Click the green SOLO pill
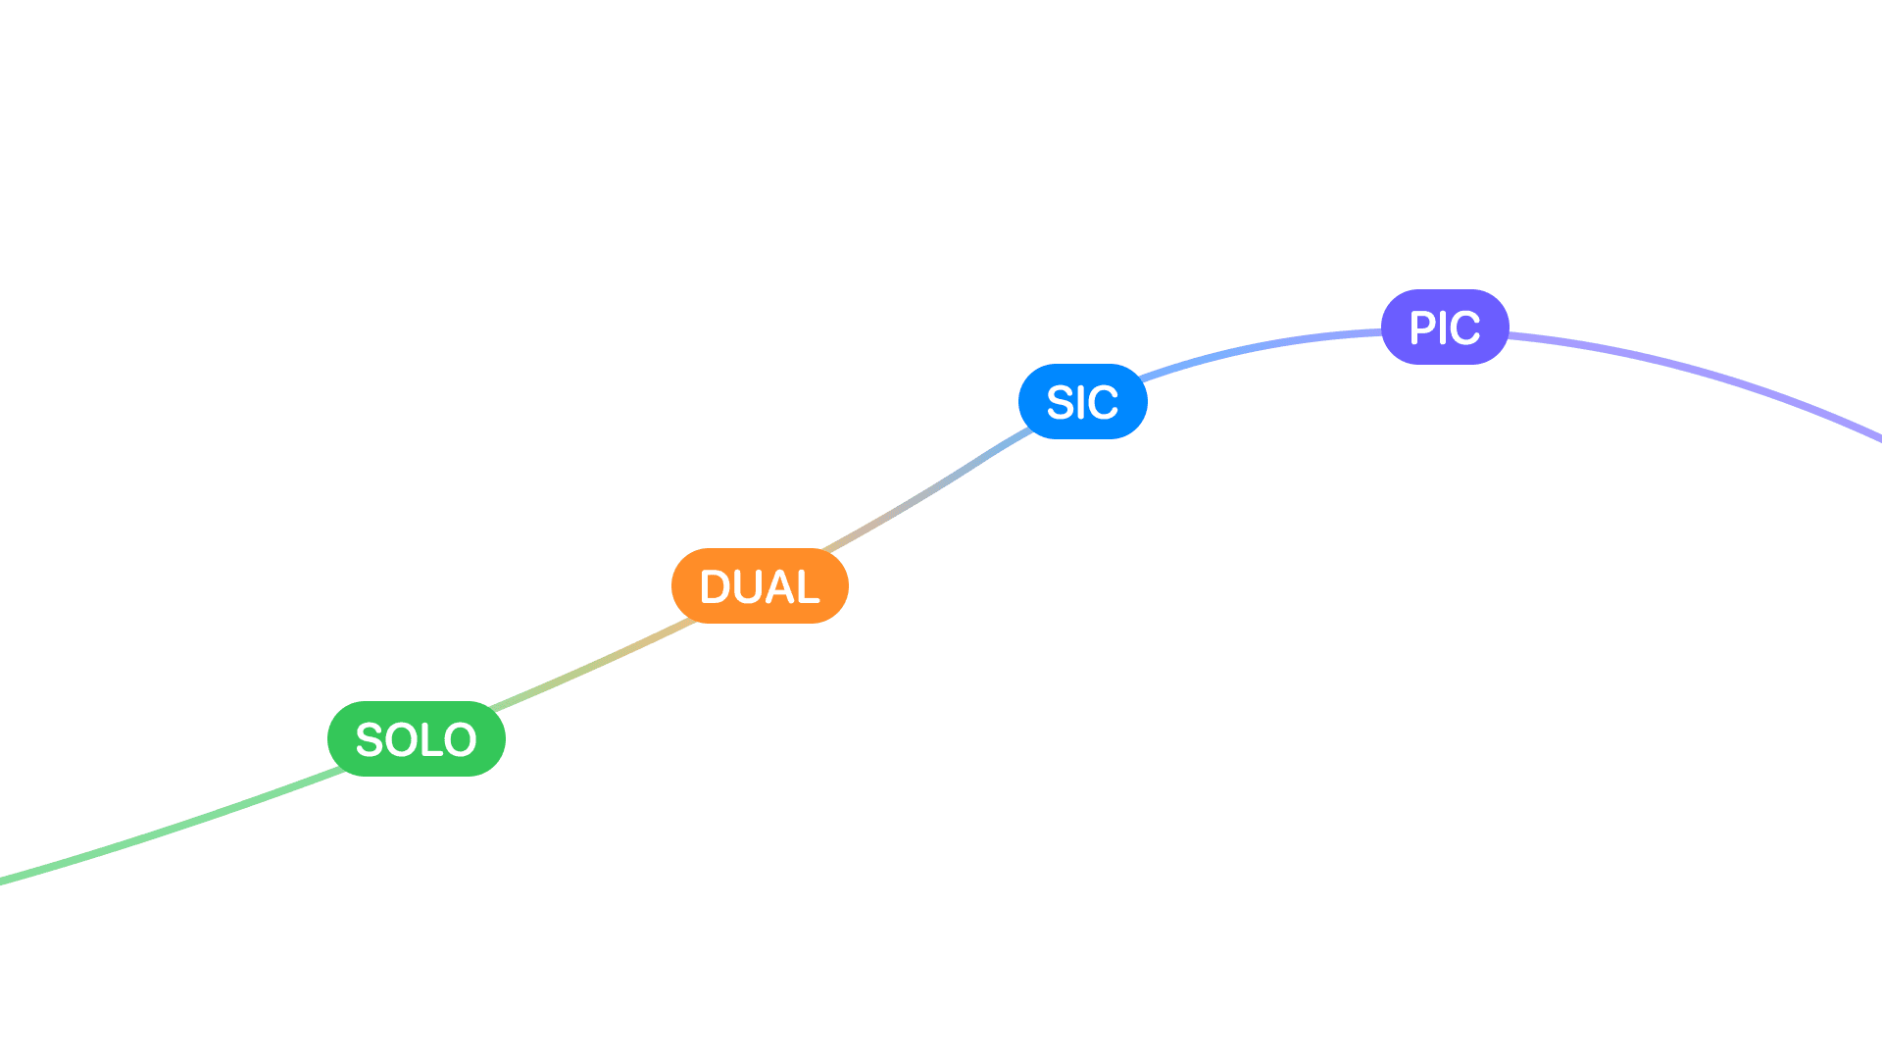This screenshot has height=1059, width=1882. [x=416, y=738]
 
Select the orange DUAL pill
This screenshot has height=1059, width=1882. [x=760, y=586]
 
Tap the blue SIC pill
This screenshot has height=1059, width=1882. [x=1082, y=402]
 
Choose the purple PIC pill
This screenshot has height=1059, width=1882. [x=1444, y=328]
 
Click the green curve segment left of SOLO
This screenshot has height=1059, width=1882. [x=176, y=829]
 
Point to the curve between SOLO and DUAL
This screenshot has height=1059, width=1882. [x=593, y=665]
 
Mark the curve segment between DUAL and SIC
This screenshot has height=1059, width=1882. [x=931, y=487]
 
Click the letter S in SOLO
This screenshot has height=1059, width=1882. [x=369, y=740]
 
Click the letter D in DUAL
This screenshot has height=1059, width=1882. [x=715, y=587]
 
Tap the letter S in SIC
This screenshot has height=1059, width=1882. [x=1061, y=403]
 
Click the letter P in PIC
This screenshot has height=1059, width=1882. [x=1423, y=328]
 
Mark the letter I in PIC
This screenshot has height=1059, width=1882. [x=1443, y=328]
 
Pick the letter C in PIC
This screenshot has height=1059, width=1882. [x=1463, y=328]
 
